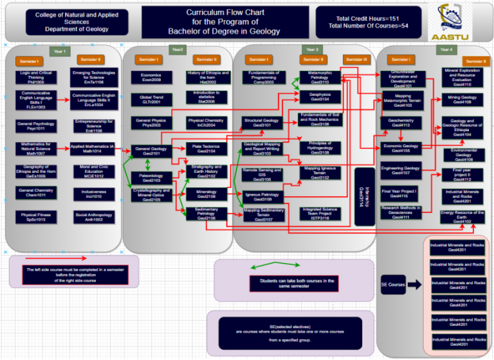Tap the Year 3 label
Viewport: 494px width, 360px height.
313,50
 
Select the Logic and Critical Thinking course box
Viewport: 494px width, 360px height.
36,78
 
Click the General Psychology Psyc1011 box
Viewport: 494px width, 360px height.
36,125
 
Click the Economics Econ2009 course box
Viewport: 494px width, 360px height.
151,78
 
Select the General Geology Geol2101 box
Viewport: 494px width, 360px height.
151,150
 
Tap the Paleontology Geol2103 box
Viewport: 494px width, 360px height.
151,178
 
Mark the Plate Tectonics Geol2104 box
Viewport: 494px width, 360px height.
206,148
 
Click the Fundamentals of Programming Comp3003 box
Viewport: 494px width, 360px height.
264,78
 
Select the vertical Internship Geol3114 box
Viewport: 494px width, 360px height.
369,197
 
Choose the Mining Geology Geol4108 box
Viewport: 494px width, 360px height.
462,99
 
